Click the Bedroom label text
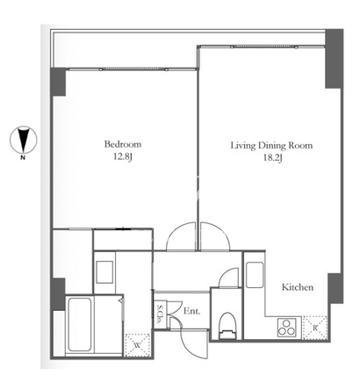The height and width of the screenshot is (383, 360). coord(123,144)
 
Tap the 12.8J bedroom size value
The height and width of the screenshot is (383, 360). coord(123,157)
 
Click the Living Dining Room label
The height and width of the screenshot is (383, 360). coord(271,146)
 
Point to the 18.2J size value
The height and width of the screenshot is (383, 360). coord(273,158)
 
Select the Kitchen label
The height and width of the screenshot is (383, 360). coord(298,287)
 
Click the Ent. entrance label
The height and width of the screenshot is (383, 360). coord(191,311)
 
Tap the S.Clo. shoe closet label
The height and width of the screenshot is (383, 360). coord(160,314)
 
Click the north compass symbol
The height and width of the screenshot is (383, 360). coord(24,140)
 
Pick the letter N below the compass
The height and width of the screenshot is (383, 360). coord(23,158)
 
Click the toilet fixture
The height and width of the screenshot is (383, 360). coord(227,326)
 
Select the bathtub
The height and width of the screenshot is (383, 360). coord(79,324)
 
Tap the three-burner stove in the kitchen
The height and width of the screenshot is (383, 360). coord(287,328)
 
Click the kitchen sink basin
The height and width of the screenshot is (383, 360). coord(255,275)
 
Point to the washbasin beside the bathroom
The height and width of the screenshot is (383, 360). coord(104,272)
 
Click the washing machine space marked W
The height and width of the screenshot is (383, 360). coord(138,345)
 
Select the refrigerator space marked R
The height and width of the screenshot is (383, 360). coord(315,328)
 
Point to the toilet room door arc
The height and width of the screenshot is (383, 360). coord(226,274)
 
